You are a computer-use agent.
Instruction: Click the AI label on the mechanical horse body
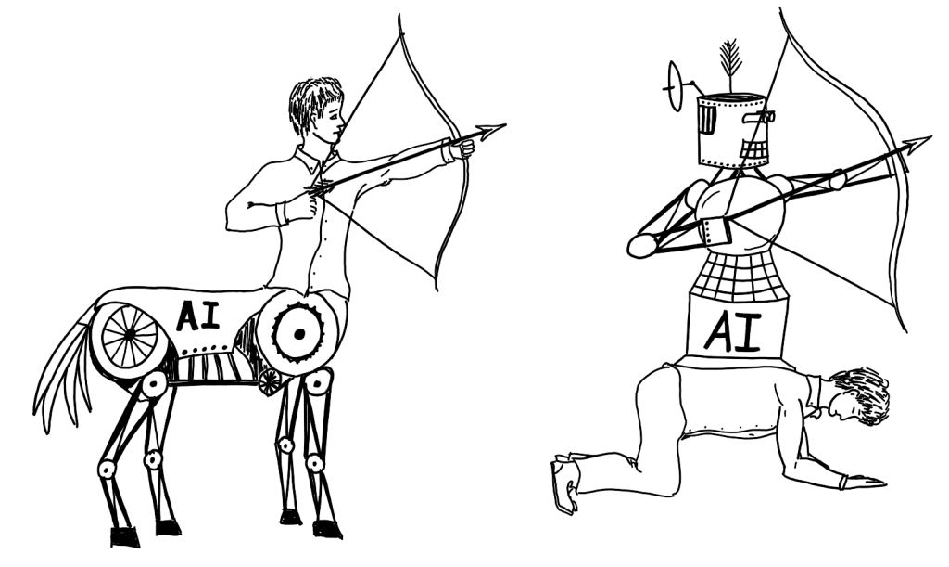[197, 316]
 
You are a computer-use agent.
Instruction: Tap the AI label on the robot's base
[737, 332]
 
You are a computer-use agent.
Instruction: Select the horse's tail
[65, 371]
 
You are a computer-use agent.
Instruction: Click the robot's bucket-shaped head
[732, 130]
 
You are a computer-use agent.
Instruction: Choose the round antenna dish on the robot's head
[673, 86]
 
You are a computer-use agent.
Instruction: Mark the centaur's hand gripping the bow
[461, 148]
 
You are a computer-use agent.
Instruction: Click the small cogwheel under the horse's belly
[270, 381]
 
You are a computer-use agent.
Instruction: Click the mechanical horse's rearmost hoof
[124, 535]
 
